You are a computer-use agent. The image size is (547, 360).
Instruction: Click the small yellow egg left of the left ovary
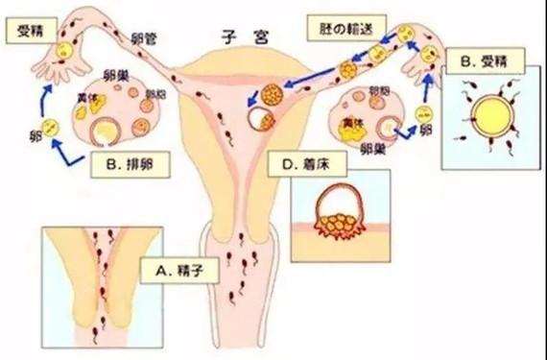pos(54,124)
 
